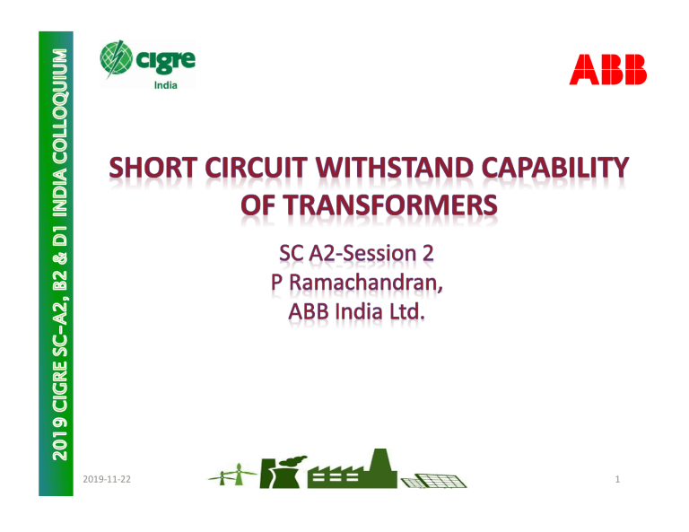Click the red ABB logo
[x=607, y=69]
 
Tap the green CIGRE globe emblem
[x=116, y=58]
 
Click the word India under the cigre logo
[x=166, y=85]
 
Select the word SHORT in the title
[x=153, y=169]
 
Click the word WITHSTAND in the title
[x=395, y=169]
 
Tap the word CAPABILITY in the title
[x=555, y=169]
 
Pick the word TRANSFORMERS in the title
[x=390, y=205]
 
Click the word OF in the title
[x=258, y=205]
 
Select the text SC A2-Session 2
[x=356, y=254]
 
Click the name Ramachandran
[x=366, y=283]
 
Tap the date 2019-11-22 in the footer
[x=107, y=479]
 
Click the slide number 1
[x=617, y=479]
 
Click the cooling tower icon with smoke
[x=282, y=472]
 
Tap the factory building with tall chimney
[x=352, y=468]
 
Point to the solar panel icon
[x=433, y=481]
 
